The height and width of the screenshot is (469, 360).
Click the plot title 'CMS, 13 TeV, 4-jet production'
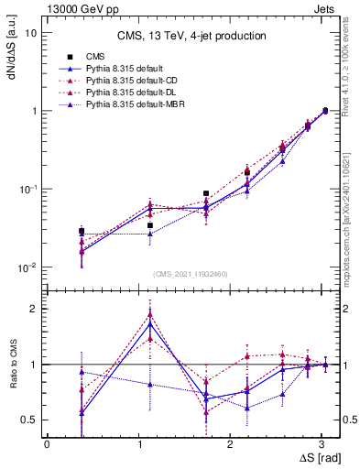click(x=191, y=36)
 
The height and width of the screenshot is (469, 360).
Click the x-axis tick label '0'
click(x=47, y=444)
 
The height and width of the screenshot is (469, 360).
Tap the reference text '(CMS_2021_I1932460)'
click(x=191, y=274)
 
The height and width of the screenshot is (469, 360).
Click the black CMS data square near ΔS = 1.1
click(x=150, y=224)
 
